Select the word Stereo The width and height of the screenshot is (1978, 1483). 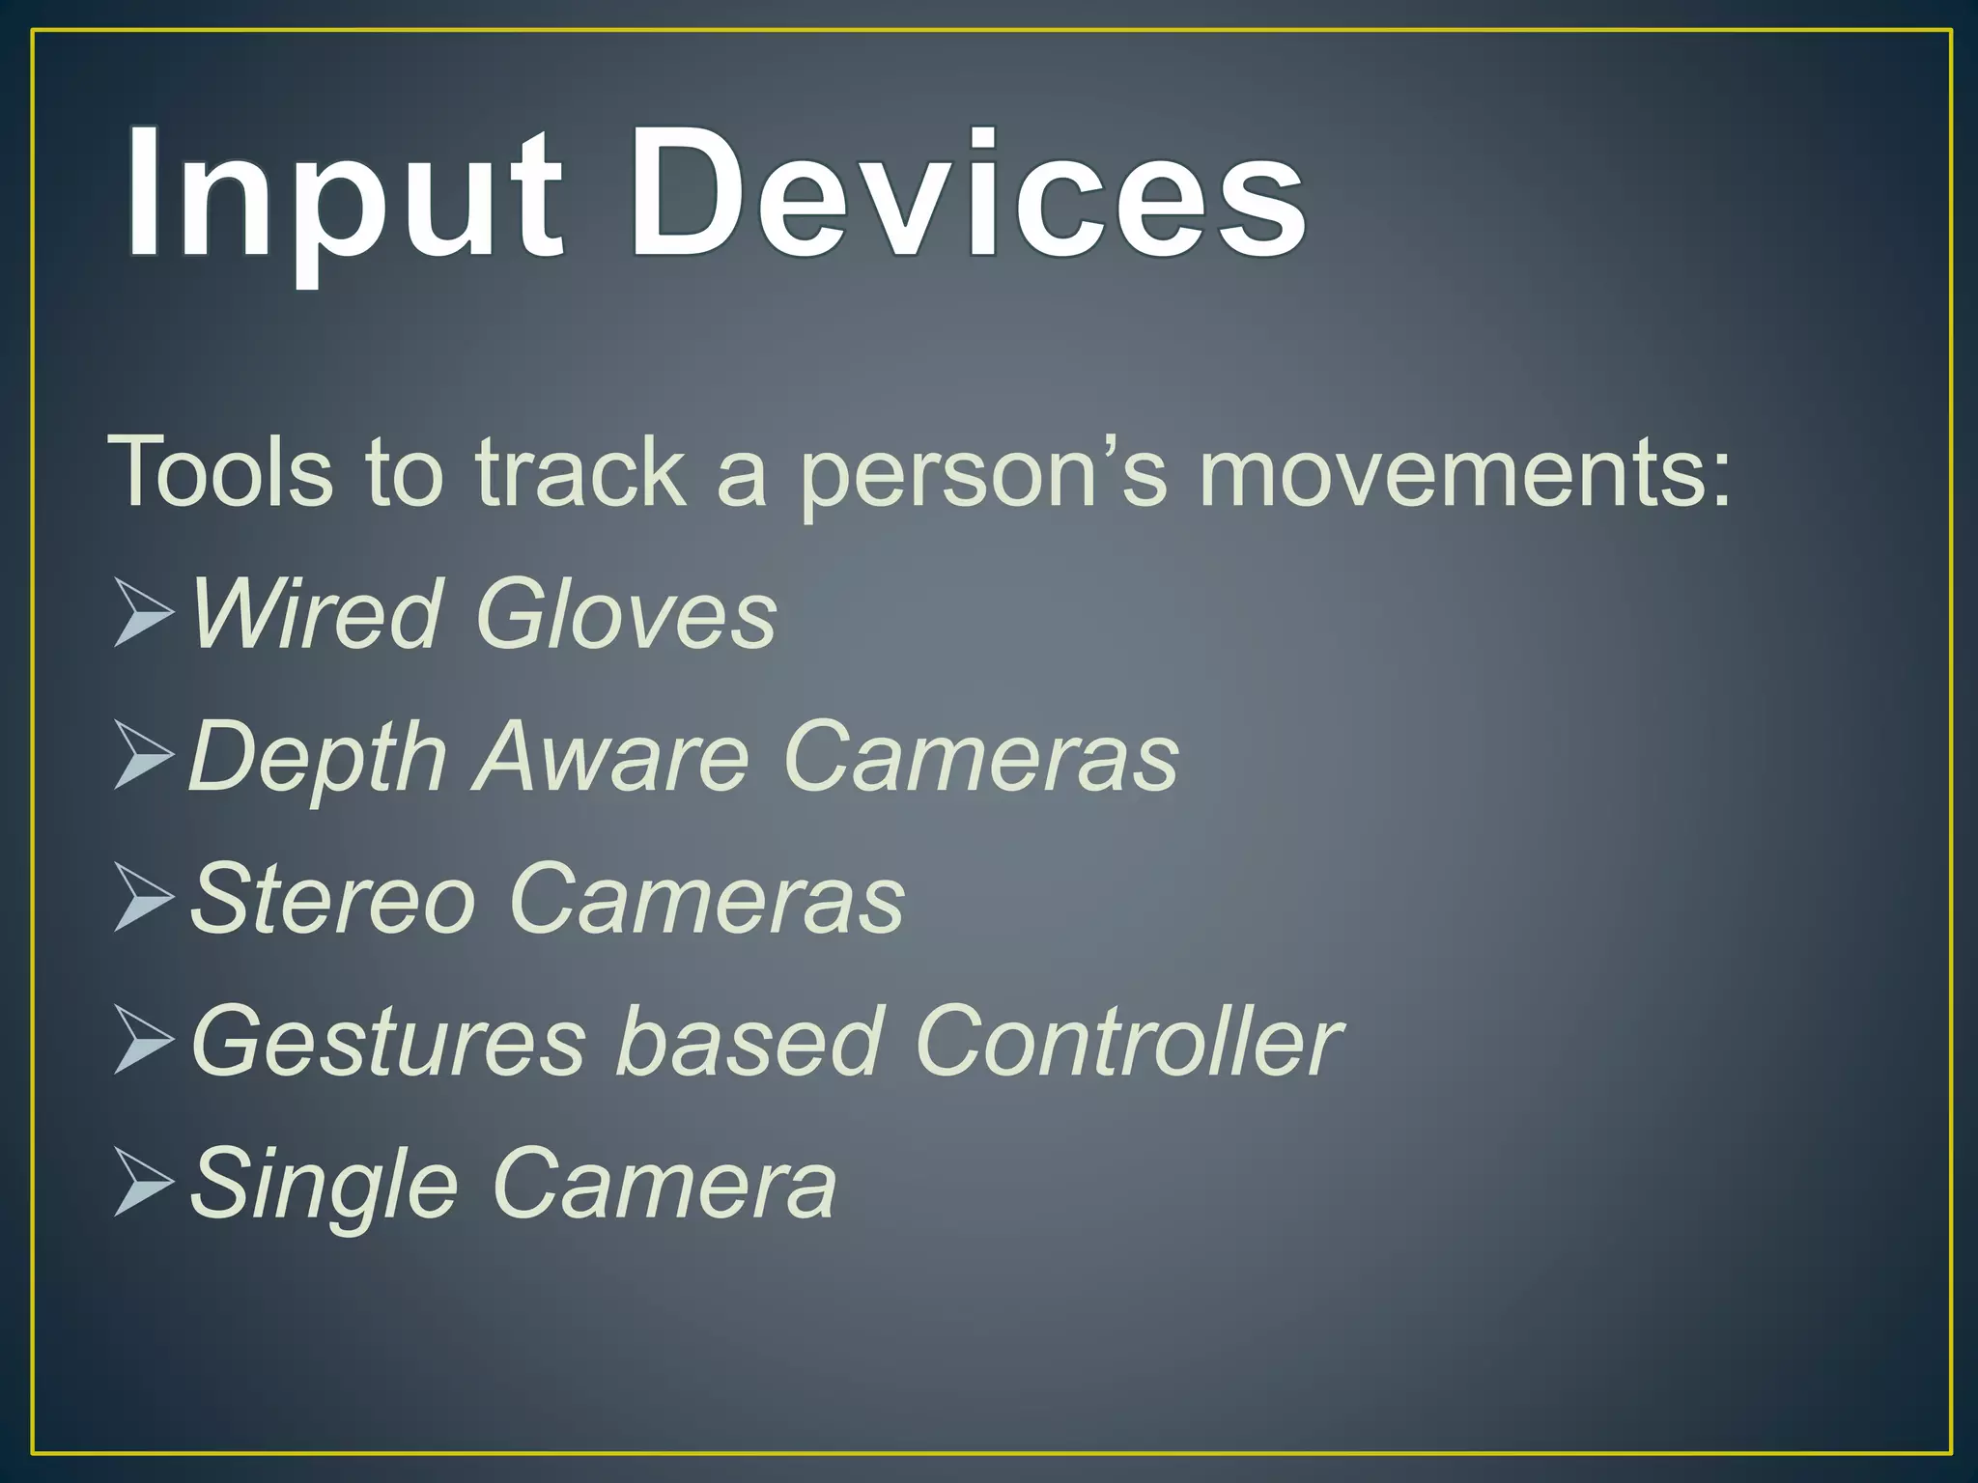tap(333, 899)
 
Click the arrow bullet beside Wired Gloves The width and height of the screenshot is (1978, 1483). tap(143, 612)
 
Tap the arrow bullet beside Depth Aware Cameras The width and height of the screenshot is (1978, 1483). tap(143, 755)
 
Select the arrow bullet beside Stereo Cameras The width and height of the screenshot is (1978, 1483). tap(143, 898)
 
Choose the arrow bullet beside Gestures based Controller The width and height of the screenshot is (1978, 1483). tap(143, 1040)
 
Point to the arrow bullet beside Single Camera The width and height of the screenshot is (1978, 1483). tap(143, 1182)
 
